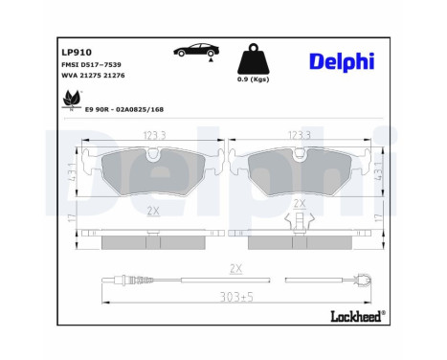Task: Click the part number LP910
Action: [x=77, y=54]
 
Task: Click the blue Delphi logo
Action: [x=343, y=61]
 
